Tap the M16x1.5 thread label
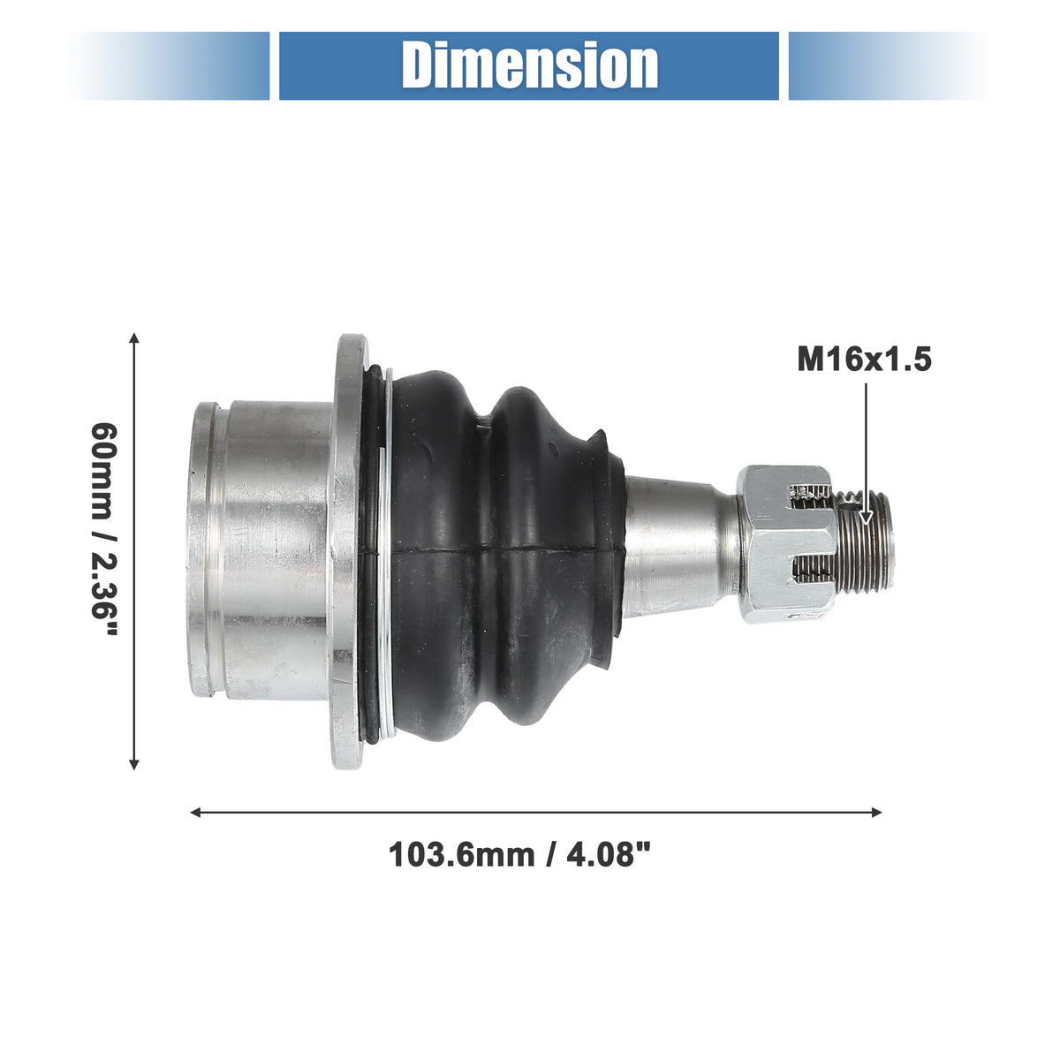pos(864,360)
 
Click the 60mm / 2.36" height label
pos(103,529)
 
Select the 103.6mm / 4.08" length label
pos(519,856)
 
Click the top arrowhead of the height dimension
pos(133,338)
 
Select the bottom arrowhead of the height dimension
pos(133,763)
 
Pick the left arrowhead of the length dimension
pos(196,813)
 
